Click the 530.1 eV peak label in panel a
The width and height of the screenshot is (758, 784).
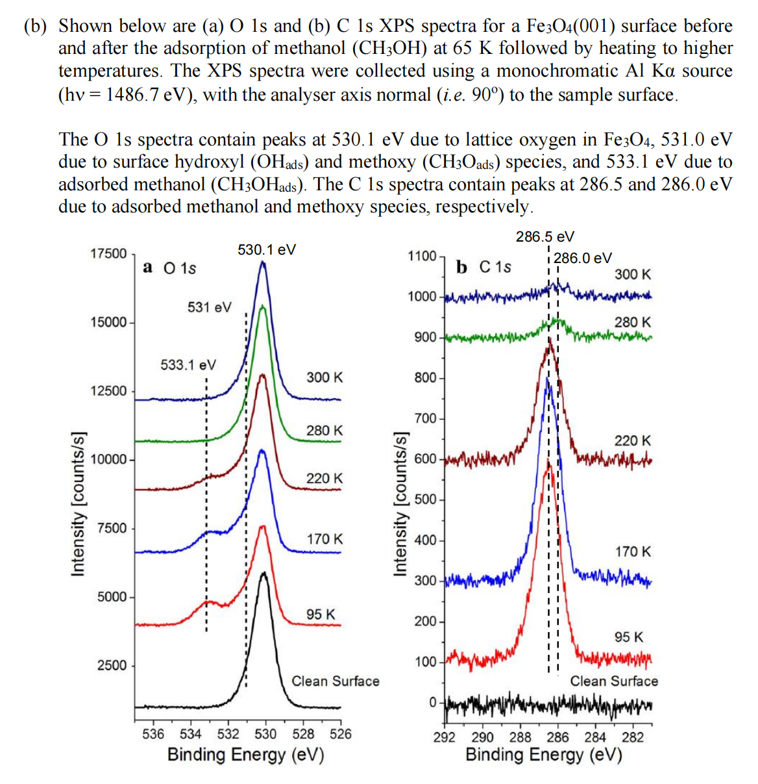(x=267, y=249)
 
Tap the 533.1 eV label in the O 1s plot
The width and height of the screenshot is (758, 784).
(x=188, y=364)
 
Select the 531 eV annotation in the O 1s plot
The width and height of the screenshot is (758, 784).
(x=209, y=307)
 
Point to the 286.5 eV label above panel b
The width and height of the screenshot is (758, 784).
(x=544, y=236)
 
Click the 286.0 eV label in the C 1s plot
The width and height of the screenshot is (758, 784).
(x=582, y=258)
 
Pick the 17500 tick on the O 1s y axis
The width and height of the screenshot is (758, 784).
(x=108, y=253)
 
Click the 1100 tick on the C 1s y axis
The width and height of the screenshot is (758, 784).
(x=422, y=256)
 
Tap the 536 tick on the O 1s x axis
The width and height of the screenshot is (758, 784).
(x=153, y=734)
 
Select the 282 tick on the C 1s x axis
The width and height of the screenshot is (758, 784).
(x=633, y=737)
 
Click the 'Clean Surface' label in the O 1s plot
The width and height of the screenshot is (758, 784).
(x=335, y=681)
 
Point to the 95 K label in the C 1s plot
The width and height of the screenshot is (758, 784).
(x=629, y=637)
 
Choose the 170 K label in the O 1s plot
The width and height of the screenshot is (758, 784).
(x=324, y=538)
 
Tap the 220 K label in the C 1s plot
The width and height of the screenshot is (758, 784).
(x=632, y=440)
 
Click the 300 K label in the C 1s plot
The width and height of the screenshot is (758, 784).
(x=632, y=274)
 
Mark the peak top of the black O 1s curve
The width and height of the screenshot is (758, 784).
(x=263, y=573)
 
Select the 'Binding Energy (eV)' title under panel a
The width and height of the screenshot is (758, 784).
(x=245, y=755)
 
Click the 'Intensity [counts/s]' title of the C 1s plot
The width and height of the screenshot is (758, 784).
(x=400, y=502)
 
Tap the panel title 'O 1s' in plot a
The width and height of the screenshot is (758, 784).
(x=179, y=268)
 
